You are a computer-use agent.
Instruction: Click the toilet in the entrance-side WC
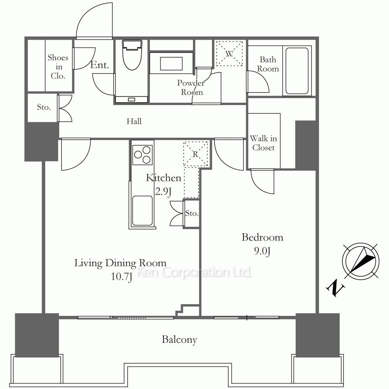tap(132, 55)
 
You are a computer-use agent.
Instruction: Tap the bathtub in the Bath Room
tap(297, 71)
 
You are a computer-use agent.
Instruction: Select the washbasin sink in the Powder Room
tap(171, 63)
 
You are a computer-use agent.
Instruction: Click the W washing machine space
tap(229, 54)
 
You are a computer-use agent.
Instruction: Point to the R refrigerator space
tap(196, 154)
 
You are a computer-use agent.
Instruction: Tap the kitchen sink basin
tap(142, 210)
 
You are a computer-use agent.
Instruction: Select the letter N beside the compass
tap(335, 288)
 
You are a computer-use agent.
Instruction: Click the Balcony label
tap(179, 340)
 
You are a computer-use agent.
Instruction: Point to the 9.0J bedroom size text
tap(262, 251)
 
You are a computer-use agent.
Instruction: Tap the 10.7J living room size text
tap(121, 277)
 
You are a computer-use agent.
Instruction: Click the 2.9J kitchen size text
tap(163, 191)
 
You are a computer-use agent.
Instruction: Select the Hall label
tap(134, 121)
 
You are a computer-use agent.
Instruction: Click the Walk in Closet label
tap(263, 143)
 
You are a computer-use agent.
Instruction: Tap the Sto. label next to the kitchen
tap(192, 213)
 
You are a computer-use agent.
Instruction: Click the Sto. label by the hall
tap(44, 107)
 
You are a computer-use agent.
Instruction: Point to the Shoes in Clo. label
tap(58, 67)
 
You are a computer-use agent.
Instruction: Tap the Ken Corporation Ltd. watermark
tap(194, 272)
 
